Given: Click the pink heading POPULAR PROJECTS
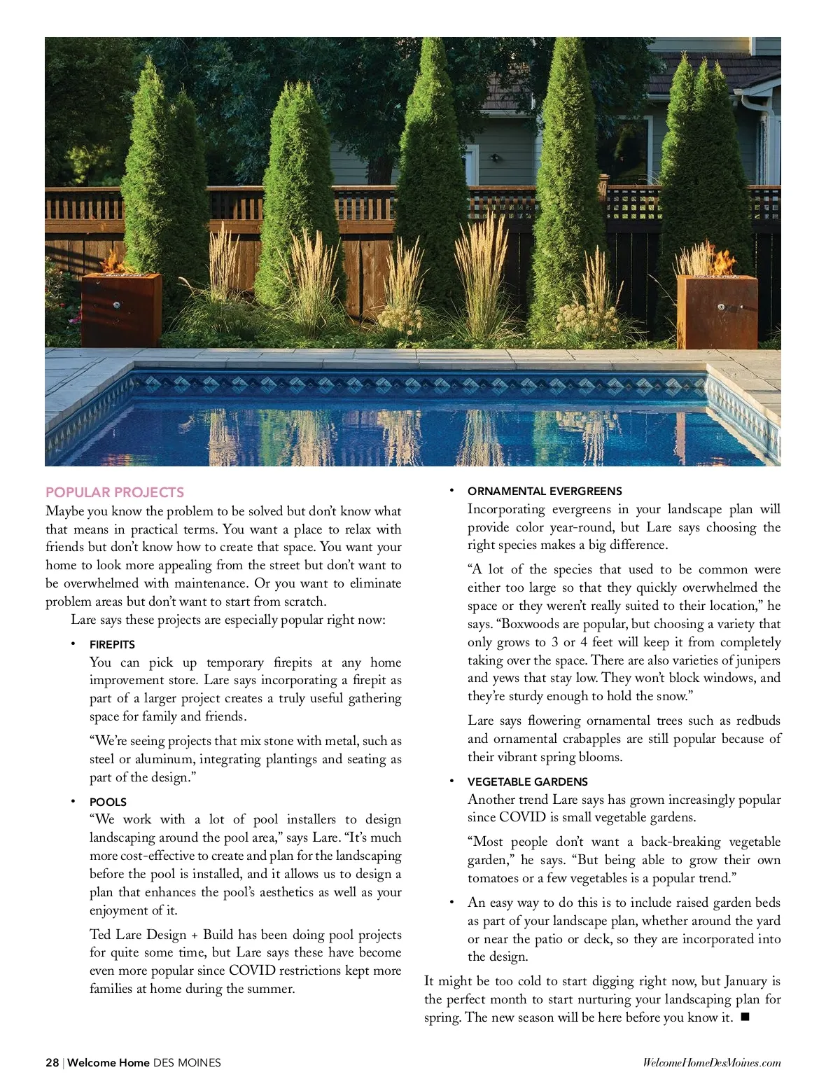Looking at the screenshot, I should coord(115,492).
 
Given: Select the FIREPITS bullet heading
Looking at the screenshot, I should coord(112,644).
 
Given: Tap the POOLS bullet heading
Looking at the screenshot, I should coord(108,802).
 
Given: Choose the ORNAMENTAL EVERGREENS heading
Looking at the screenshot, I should coord(545,492).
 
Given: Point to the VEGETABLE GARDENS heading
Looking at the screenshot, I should coord(527,781).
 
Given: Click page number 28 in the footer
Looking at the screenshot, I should coord(52,1062).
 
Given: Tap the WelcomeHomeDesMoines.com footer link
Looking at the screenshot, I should coord(711,1063).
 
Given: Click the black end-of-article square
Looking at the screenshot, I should coord(744,1017).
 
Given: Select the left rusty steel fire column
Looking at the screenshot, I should coord(121,309).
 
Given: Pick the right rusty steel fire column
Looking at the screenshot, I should coord(717,310).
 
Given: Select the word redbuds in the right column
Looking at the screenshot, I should coord(758,721).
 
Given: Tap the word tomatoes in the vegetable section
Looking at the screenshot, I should coord(494,878).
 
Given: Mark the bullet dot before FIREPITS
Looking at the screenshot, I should coord(72,644).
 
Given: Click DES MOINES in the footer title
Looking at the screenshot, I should coord(187,1062).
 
